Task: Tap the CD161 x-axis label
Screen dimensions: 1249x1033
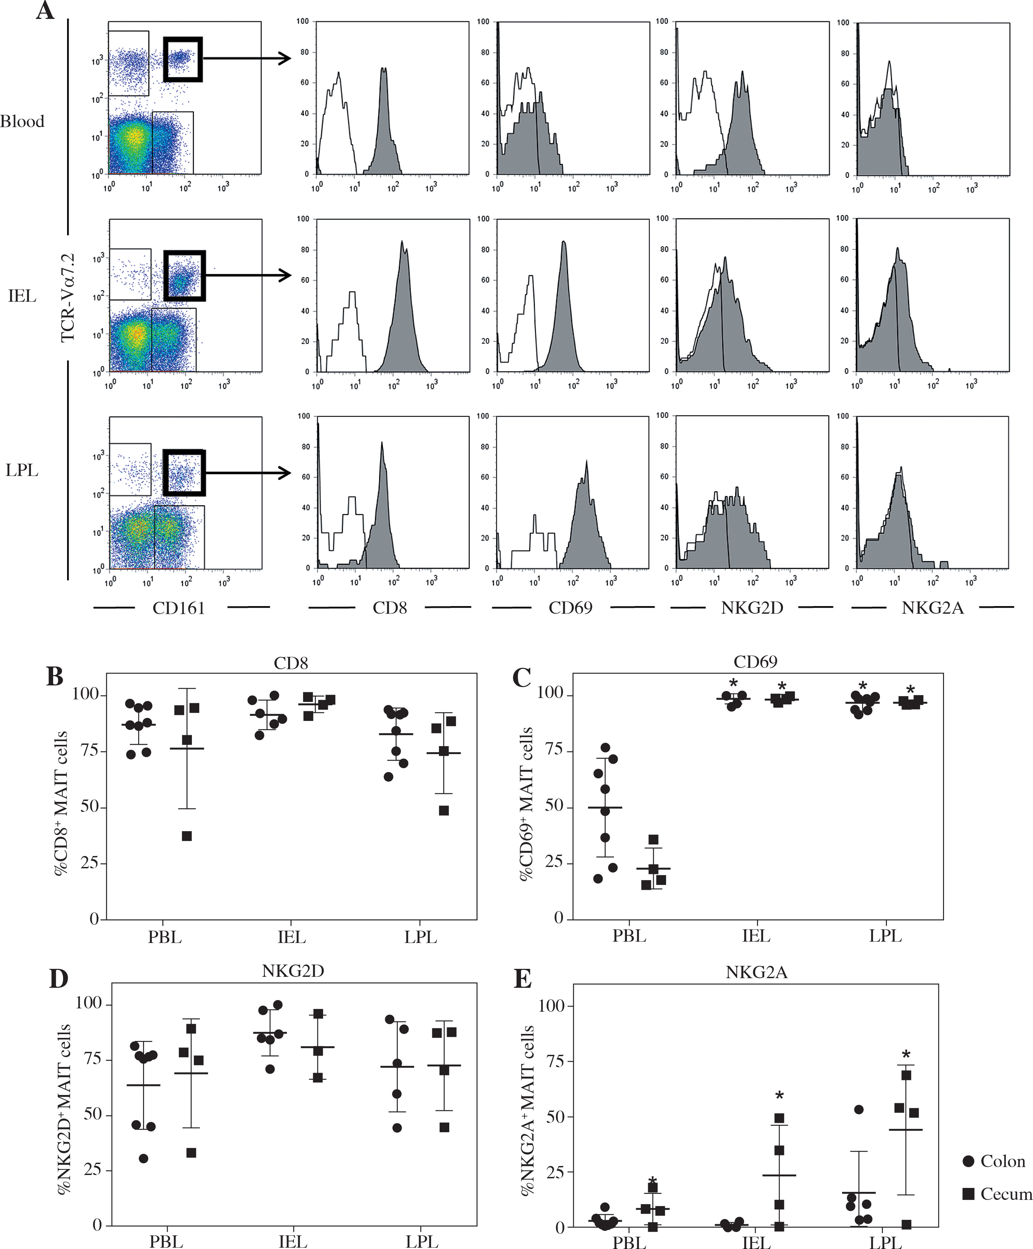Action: point(179,608)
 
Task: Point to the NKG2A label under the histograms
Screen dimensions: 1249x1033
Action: point(932,608)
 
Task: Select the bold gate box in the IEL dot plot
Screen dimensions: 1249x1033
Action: point(185,275)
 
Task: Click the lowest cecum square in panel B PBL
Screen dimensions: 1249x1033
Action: point(187,836)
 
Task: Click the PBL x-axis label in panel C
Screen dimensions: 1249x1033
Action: point(629,936)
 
